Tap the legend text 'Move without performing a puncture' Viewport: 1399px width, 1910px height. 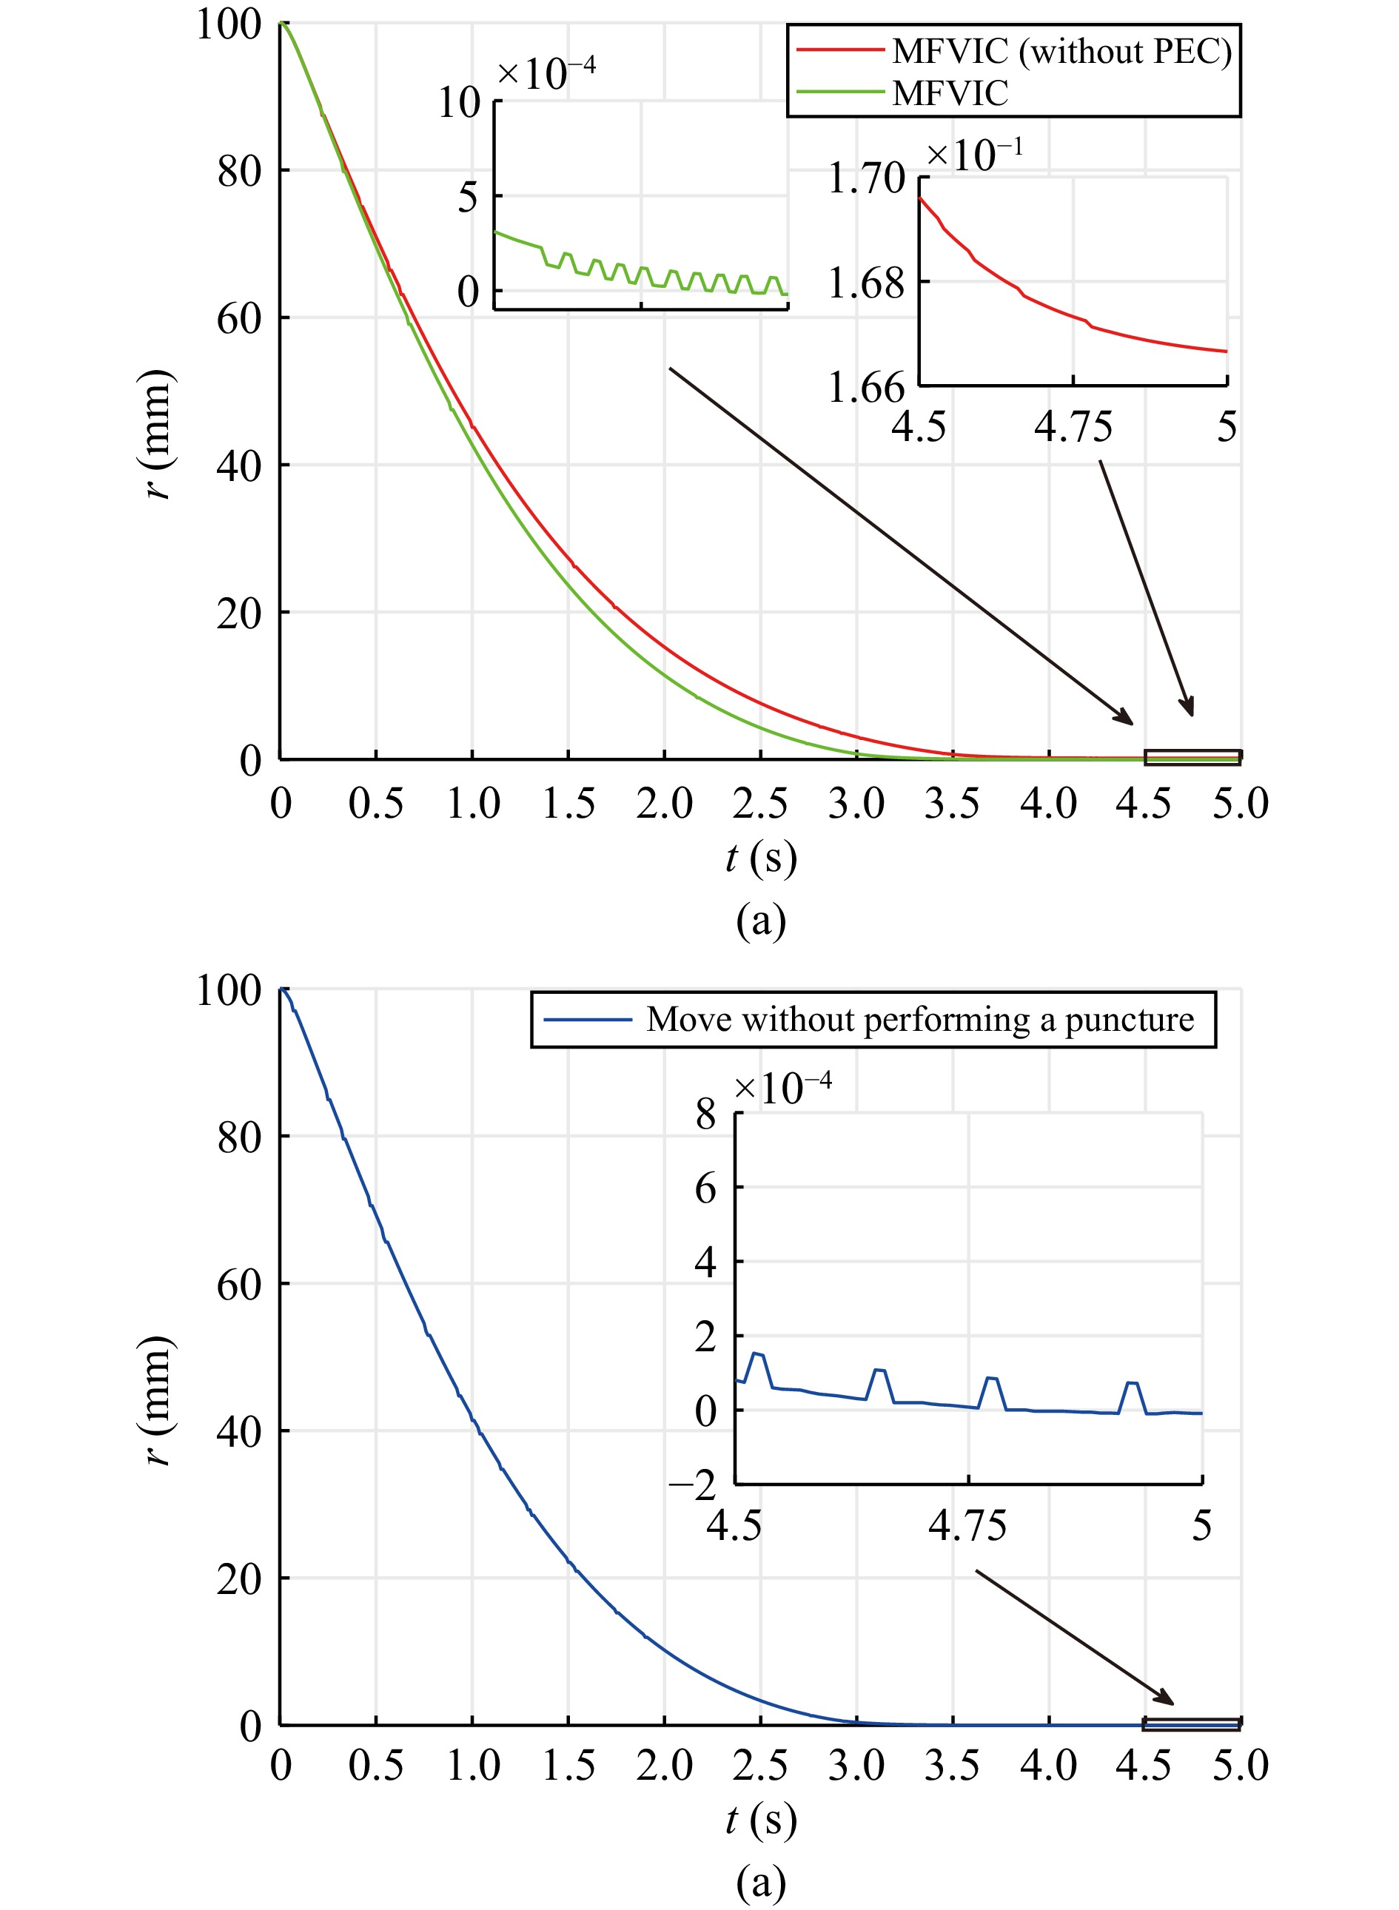tap(919, 1019)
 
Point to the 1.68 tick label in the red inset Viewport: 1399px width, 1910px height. tap(866, 283)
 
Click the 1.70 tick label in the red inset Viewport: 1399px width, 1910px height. tap(866, 178)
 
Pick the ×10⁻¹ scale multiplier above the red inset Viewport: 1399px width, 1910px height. tap(974, 155)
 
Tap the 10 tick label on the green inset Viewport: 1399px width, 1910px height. tap(459, 104)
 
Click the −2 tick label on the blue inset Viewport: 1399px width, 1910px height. tap(693, 1484)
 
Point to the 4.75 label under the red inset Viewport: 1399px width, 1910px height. tap(1073, 427)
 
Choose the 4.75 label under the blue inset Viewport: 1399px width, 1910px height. tap(967, 1526)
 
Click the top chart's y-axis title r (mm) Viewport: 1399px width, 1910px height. tap(158, 434)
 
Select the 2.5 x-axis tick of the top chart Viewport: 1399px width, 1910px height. tap(759, 804)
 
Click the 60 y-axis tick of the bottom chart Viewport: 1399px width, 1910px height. tap(239, 1285)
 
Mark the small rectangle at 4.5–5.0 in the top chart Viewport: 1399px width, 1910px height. tap(1192, 758)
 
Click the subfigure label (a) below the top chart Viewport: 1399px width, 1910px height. tap(760, 921)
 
